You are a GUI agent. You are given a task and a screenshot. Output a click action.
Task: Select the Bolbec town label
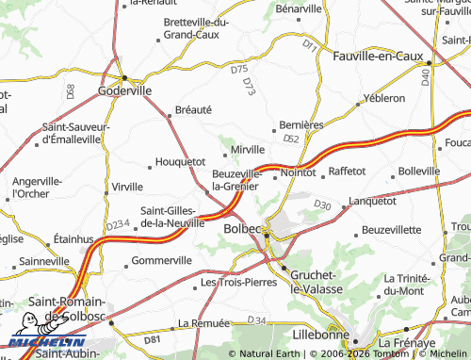241,228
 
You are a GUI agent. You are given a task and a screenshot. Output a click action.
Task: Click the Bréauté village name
193,109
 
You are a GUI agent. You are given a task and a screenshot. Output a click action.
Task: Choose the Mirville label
248,149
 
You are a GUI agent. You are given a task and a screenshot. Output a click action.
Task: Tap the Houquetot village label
180,161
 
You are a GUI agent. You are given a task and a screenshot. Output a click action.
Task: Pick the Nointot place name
298,172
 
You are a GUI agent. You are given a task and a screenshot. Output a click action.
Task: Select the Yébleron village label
384,97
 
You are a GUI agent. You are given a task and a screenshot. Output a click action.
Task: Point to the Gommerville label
162,260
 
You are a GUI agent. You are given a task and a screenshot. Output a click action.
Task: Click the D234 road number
117,225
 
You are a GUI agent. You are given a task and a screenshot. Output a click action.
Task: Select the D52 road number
290,139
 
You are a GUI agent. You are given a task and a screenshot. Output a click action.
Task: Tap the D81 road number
154,338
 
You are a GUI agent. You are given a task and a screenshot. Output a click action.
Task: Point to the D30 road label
323,205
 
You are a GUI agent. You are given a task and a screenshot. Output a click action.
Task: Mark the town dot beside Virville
104,187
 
